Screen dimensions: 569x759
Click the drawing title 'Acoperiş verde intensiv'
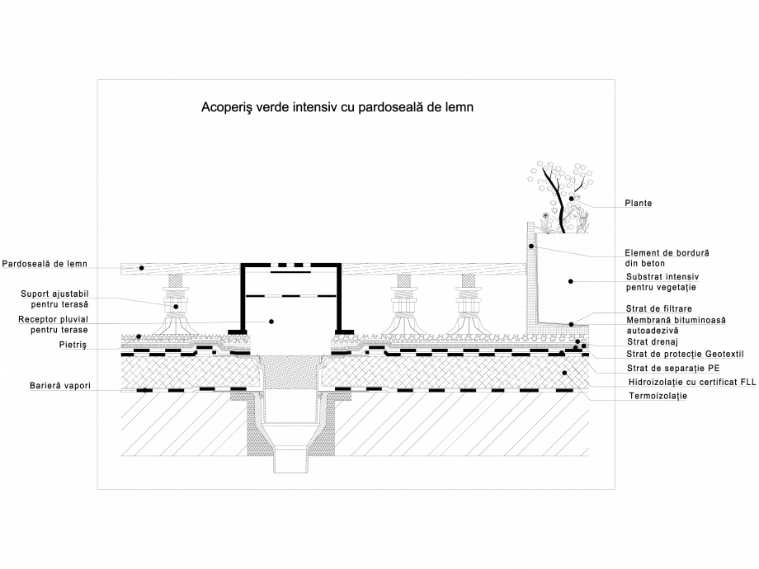click(337, 107)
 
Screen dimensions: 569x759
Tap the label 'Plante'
click(638, 204)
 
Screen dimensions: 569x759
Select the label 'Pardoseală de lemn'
click(45, 265)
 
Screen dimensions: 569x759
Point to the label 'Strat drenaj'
click(651, 341)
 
